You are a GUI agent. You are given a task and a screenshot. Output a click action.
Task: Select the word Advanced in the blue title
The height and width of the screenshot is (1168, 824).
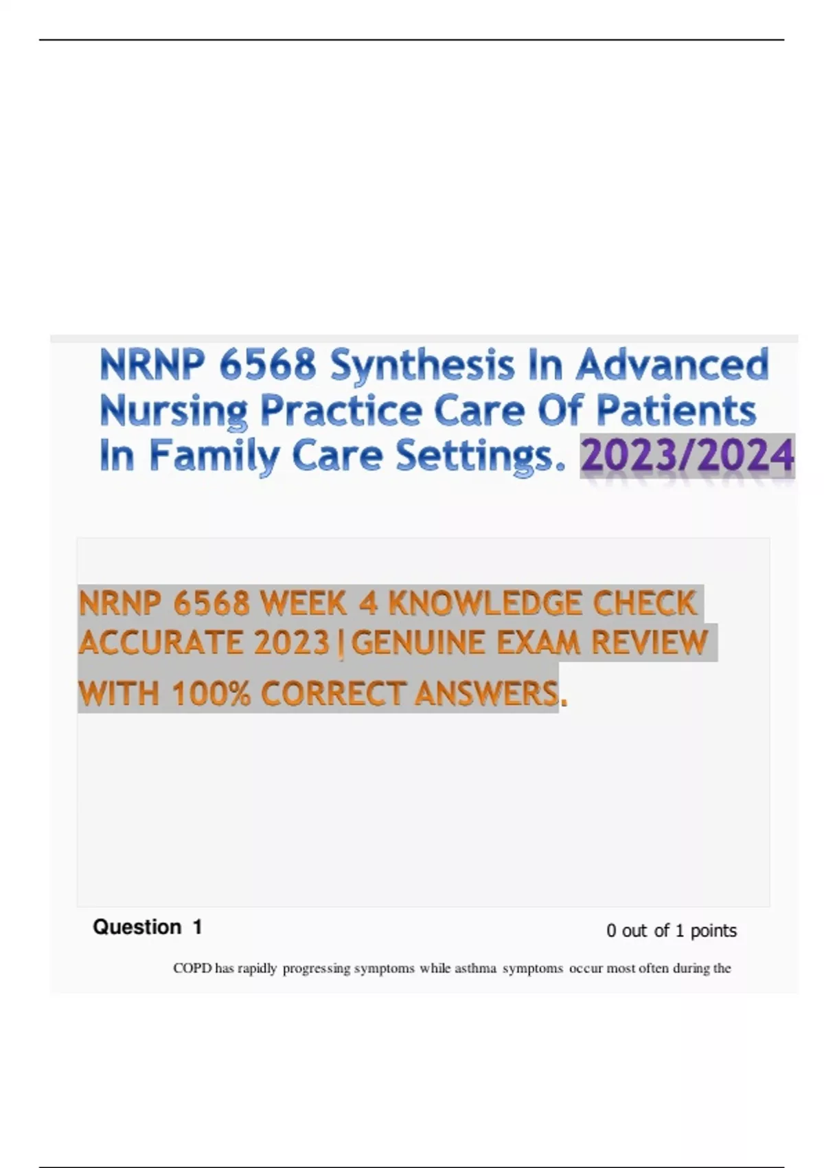[x=672, y=363]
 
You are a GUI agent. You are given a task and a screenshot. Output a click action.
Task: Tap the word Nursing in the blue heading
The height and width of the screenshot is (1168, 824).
[x=173, y=412]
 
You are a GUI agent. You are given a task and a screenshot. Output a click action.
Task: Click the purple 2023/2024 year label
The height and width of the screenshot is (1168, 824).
[x=687, y=456]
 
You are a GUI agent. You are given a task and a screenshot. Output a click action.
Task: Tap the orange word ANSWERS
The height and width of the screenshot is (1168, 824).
[x=487, y=693]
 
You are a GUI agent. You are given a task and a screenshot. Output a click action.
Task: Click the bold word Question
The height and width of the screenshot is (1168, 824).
[x=137, y=927]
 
